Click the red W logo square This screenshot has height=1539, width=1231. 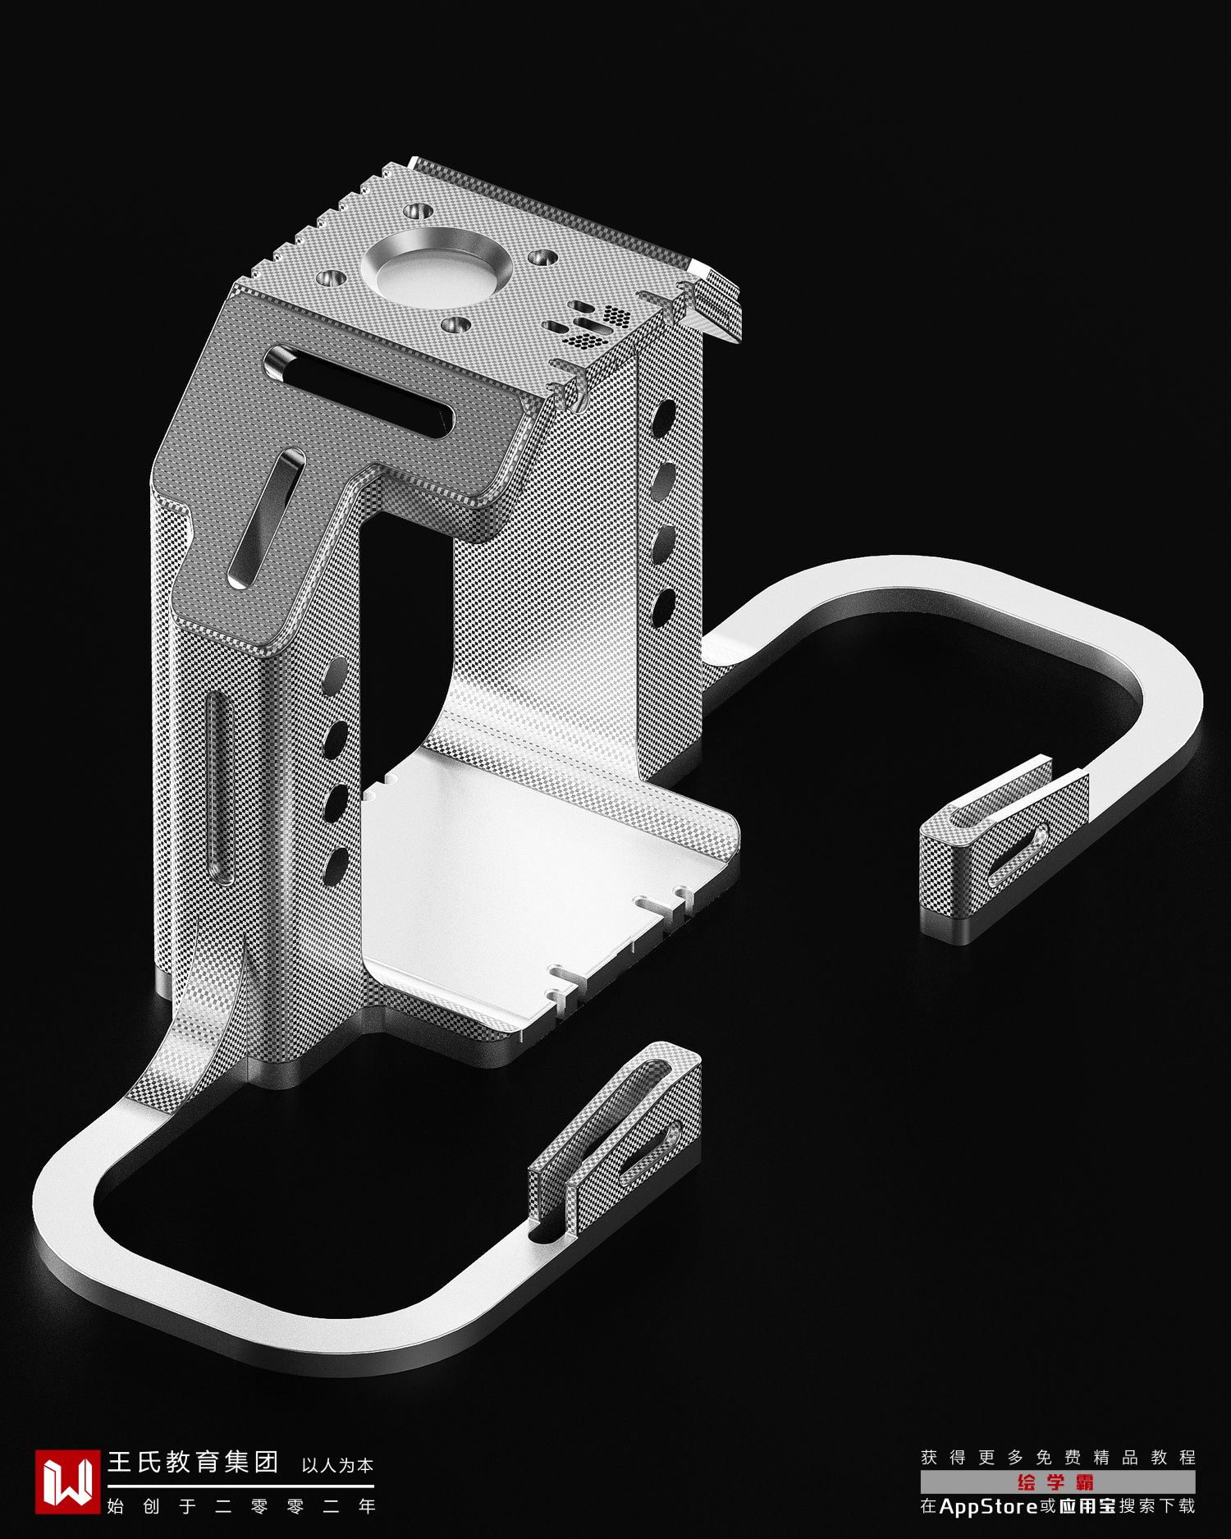(x=67, y=1482)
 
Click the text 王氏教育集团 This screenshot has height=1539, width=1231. (x=194, y=1462)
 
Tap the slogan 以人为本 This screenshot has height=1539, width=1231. (x=337, y=1465)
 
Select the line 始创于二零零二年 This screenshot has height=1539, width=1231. (x=241, y=1506)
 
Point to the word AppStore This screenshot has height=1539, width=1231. (x=989, y=1506)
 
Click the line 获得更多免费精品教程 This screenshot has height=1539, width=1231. (x=1058, y=1458)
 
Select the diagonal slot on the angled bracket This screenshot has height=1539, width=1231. (x=267, y=518)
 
